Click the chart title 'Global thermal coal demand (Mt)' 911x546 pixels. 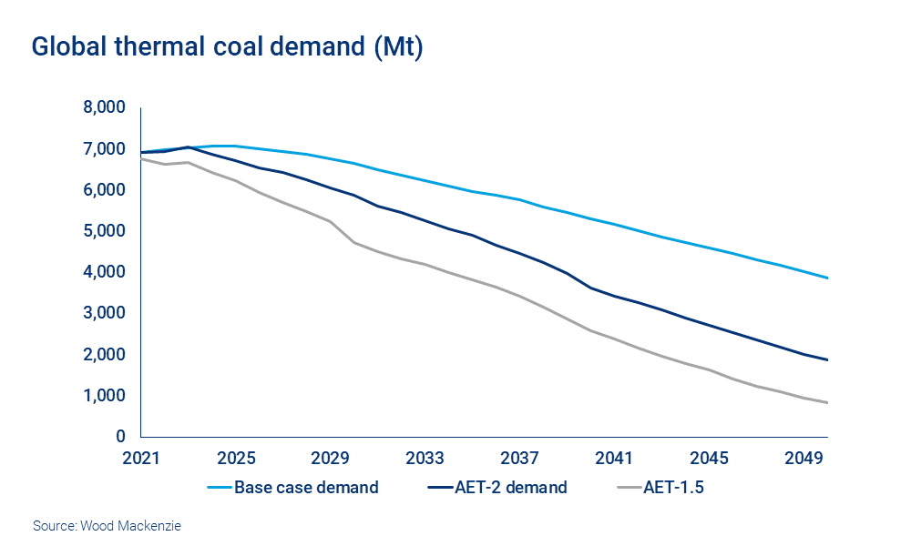227,48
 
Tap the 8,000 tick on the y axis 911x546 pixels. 105,107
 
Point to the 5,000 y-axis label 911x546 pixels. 105,231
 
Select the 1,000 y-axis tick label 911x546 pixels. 105,396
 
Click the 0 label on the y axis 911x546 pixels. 119,437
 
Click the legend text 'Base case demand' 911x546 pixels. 306,488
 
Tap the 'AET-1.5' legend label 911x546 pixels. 674,488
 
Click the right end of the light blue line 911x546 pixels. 826,278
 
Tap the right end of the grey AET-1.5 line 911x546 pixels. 826,402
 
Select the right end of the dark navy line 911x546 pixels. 826,359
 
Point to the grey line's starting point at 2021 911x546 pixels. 141,159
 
